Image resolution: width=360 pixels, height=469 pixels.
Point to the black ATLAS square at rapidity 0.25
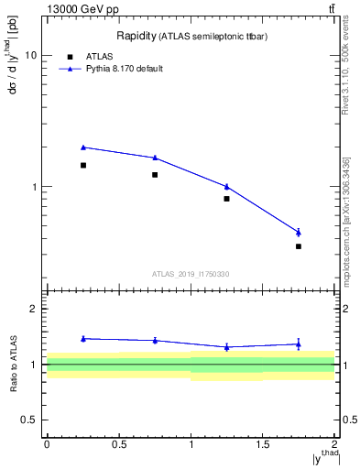[83, 165]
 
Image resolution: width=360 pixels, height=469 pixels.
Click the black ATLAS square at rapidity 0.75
[155, 175]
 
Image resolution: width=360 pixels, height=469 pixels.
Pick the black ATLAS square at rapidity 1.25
[226, 198]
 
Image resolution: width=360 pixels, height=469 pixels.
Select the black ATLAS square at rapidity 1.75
[299, 246]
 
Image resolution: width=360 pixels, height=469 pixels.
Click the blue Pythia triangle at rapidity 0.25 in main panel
[83, 147]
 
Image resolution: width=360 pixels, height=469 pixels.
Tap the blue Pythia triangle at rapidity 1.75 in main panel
[299, 232]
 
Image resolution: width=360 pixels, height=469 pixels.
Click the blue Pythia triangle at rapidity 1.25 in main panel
[226, 186]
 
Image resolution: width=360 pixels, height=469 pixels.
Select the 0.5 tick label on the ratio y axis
[29, 420]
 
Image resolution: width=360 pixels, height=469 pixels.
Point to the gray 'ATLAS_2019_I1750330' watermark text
[191, 274]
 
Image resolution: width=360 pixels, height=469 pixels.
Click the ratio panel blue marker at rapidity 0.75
[155, 341]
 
